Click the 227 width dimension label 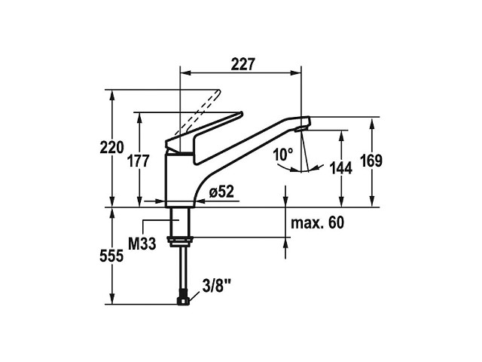(243, 64)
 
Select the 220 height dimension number (111, 147)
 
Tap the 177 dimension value (139, 161)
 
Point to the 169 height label (371, 161)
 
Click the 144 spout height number (340, 168)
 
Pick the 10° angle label (283, 154)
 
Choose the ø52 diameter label (221, 192)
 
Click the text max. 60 (317, 222)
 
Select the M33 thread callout (142, 244)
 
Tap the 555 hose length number (111, 256)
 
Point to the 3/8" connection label (216, 286)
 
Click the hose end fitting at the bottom (184, 302)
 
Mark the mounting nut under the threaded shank (180, 241)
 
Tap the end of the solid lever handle (241, 114)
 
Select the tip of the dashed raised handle (219, 90)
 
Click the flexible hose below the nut (184, 271)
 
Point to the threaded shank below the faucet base (179, 222)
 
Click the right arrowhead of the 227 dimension (296, 73)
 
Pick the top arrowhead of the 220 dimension (112, 95)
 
